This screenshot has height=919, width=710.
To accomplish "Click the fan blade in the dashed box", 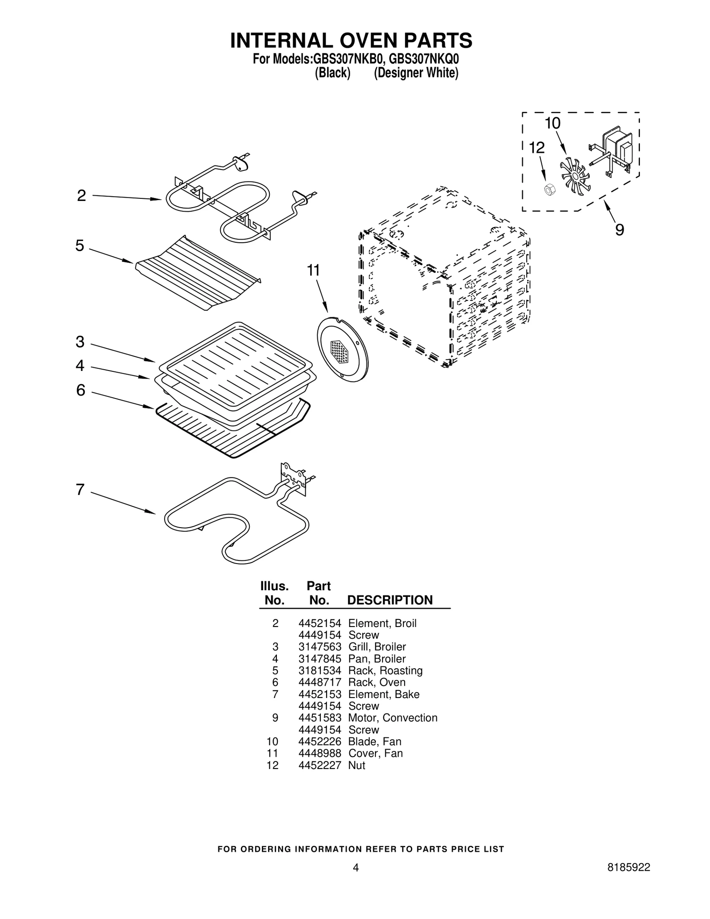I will [574, 177].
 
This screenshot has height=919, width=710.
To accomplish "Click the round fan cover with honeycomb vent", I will [342, 349].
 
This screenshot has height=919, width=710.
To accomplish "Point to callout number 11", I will [314, 270].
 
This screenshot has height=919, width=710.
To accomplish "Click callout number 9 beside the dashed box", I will [619, 230].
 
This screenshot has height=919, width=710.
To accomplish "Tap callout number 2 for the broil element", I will [81, 196].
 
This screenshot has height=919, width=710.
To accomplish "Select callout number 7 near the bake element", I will [80, 489].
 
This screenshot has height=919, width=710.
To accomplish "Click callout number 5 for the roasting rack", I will [79, 245].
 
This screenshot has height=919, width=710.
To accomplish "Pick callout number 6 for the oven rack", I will [80, 390].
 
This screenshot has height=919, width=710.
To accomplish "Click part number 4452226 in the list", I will [319, 742].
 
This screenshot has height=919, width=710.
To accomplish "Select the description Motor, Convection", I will [393, 718].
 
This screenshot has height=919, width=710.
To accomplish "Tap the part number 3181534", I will [319, 671].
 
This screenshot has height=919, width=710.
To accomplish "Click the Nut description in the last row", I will [356, 765].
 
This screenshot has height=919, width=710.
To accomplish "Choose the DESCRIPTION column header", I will [390, 600].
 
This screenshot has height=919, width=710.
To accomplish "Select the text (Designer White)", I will [415, 73].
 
